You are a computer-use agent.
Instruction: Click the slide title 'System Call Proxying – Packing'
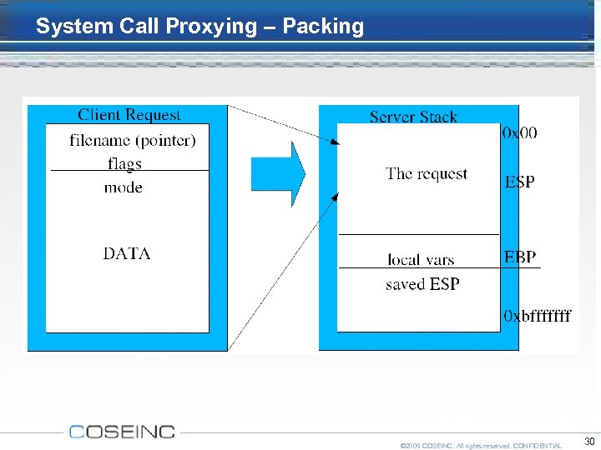199,26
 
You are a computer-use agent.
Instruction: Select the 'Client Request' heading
129,115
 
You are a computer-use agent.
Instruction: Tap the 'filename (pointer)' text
133,140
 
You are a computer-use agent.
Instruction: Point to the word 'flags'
124,162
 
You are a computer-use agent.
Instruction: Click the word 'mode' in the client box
123,187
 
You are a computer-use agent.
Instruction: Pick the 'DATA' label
127,253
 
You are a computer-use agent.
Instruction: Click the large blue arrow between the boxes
278,173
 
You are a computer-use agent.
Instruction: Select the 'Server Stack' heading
413,117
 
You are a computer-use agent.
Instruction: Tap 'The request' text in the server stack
427,174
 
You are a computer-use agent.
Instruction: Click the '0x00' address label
520,133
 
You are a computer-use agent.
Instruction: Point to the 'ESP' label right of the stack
519,182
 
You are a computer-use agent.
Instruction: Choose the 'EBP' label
520,257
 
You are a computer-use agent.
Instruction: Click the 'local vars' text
421,260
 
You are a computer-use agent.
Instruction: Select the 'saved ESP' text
422,284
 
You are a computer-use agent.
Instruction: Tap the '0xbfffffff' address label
538,316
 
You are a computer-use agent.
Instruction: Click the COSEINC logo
122,432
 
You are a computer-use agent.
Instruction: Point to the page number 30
589,441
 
